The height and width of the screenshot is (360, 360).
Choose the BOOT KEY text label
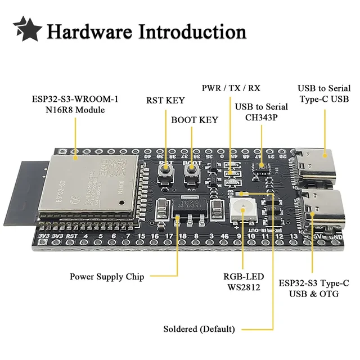click(x=194, y=120)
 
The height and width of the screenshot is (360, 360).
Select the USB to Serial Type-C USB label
click(x=324, y=94)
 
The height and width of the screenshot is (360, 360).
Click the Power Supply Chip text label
click(x=107, y=277)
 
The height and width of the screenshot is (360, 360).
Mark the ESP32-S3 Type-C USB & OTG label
click(x=314, y=288)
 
